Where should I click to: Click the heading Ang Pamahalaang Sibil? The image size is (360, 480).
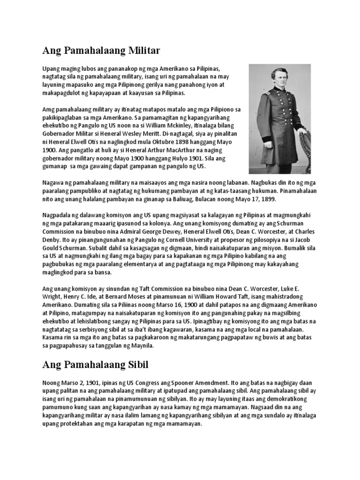click(95, 364)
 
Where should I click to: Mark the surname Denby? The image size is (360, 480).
click(52, 240)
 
